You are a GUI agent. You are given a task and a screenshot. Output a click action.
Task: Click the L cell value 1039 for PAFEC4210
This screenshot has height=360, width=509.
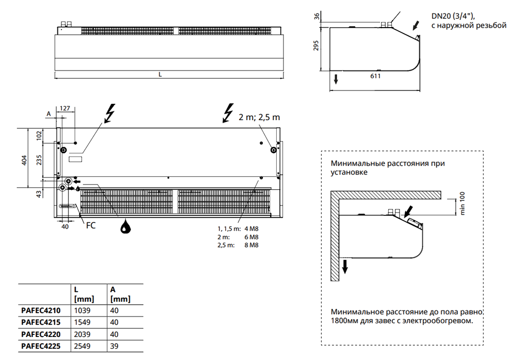(x=82, y=310)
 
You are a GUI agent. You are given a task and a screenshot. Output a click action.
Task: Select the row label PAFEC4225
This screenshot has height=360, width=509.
(x=41, y=346)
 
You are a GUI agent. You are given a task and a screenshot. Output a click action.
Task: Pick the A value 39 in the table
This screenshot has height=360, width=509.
(x=114, y=346)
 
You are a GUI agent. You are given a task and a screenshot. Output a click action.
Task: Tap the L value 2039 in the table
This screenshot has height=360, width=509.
(x=82, y=334)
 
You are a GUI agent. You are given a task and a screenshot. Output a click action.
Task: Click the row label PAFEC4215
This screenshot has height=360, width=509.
(x=41, y=323)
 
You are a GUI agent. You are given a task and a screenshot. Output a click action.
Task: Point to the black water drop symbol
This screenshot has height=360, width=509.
(x=125, y=226)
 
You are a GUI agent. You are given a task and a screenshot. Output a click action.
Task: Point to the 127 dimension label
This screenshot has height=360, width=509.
(x=64, y=109)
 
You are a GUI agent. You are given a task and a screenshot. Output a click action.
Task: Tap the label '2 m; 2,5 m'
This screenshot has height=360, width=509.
(x=259, y=117)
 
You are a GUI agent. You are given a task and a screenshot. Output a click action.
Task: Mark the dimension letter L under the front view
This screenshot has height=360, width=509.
(x=160, y=75)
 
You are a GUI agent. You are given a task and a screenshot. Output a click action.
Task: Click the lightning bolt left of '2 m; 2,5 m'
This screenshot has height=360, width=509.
(x=228, y=113)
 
